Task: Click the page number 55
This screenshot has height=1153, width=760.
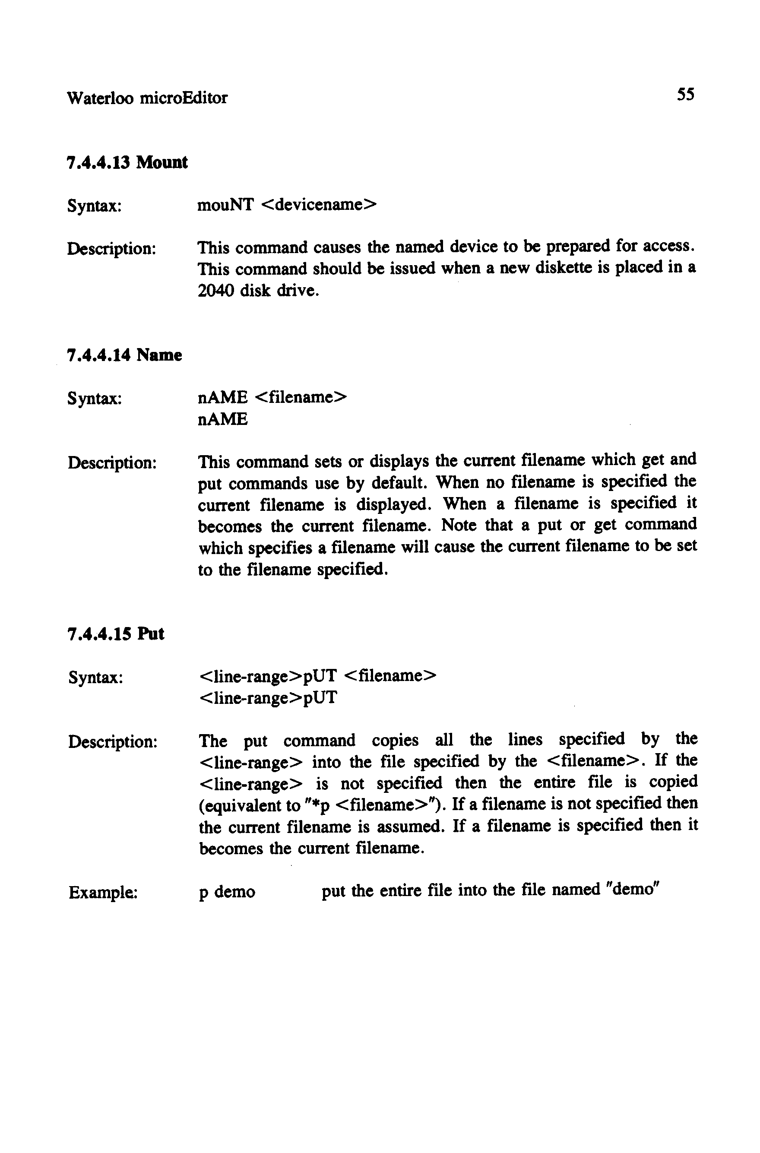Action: tap(685, 94)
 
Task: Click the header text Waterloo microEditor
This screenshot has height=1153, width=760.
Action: tap(147, 98)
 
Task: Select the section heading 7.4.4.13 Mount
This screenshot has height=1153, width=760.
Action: tap(127, 162)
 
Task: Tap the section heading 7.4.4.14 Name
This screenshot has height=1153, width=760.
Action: tap(124, 355)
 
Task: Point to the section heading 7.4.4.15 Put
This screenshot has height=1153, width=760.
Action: tap(116, 634)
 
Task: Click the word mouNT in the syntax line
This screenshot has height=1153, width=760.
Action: tap(225, 205)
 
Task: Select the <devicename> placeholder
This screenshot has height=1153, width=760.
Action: tap(318, 205)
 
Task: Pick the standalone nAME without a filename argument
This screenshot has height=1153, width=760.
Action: tap(223, 419)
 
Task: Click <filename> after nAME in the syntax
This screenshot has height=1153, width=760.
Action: tap(301, 397)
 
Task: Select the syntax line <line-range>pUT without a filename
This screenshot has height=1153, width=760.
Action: tap(268, 698)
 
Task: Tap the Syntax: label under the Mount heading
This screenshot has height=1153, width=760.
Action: tap(94, 206)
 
